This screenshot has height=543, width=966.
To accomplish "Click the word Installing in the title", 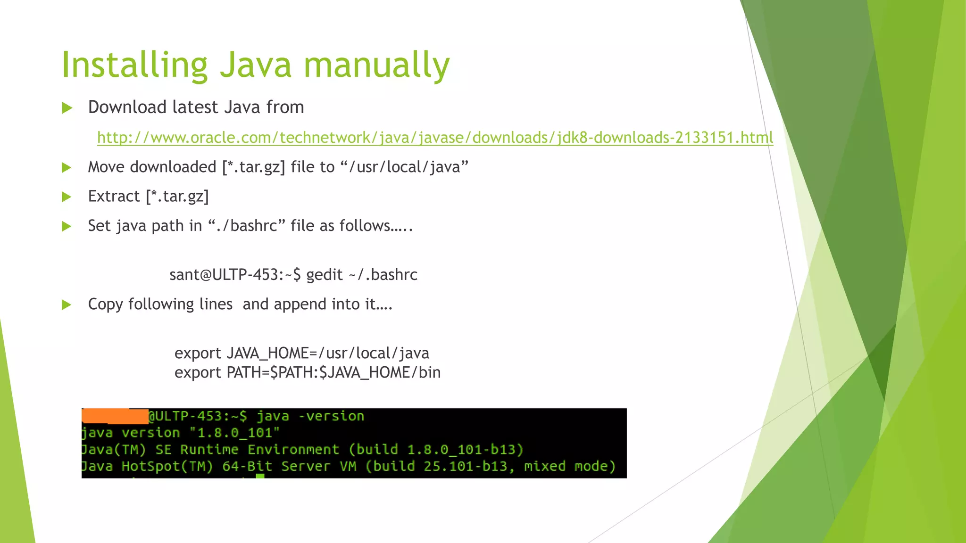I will [x=134, y=65].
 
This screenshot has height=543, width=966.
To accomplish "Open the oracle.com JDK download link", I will [x=435, y=138].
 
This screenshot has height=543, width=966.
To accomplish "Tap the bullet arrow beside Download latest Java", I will [x=67, y=108].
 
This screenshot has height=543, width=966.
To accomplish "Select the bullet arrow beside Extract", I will [x=67, y=197].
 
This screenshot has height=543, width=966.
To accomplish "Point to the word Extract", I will [x=114, y=197].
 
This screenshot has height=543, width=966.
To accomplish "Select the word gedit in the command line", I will [x=324, y=274].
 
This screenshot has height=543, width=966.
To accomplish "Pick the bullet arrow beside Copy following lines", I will [x=67, y=304].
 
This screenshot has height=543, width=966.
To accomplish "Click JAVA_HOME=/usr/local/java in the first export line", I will [x=328, y=353].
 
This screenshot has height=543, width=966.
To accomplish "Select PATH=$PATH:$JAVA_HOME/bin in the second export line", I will [x=333, y=372].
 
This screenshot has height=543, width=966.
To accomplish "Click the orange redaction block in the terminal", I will [x=115, y=416].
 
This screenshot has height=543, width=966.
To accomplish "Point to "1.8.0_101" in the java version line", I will [x=234, y=433].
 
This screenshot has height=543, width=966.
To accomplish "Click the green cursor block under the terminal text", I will [x=260, y=476].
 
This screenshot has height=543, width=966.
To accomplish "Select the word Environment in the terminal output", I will [x=293, y=450].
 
